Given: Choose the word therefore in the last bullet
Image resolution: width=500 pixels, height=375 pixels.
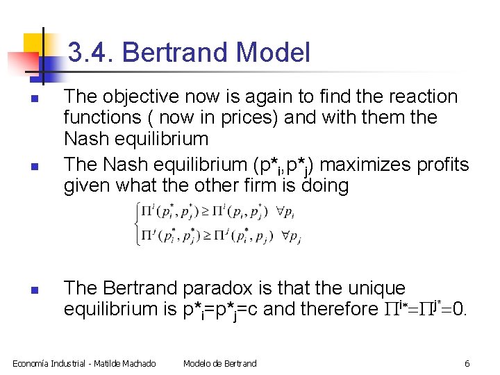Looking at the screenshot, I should pyautogui.click(x=328, y=308).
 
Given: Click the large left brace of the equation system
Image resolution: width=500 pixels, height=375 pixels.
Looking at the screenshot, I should pyautogui.click(x=137, y=224).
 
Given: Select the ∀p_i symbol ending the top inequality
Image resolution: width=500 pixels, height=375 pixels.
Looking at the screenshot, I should pyautogui.click(x=291, y=210).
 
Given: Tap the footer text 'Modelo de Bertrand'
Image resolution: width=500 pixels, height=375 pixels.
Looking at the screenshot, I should pyautogui.click(x=219, y=363).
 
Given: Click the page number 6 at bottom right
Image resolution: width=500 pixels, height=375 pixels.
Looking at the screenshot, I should pyautogui.click(x=467, y=363).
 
